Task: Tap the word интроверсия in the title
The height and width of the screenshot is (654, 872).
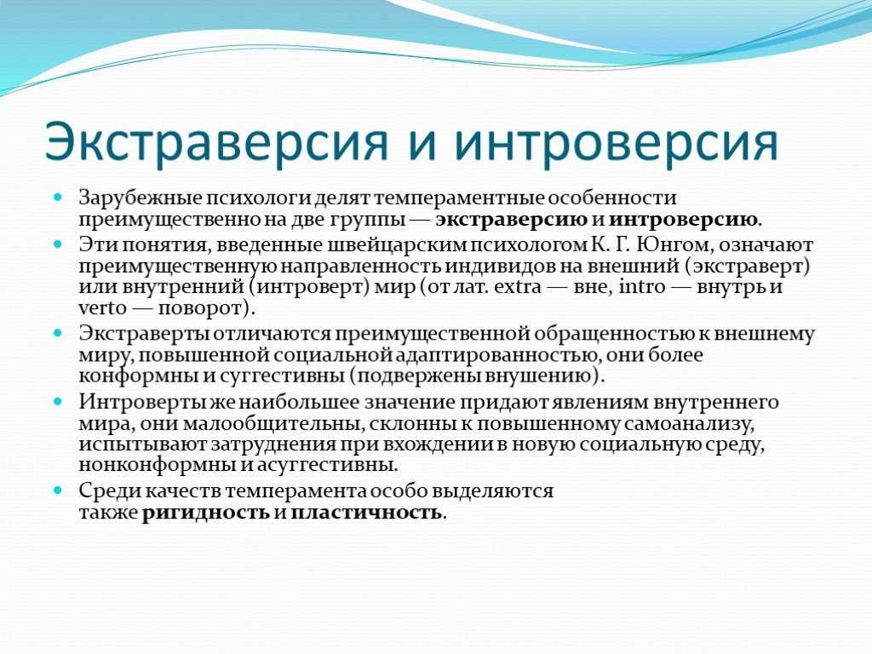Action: tap(616, 141)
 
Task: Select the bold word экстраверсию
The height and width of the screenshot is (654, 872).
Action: tap(511, 220)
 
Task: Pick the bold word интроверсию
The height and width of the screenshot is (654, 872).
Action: tap(683, 220)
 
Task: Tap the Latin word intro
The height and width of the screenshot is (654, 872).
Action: tap(642, 287)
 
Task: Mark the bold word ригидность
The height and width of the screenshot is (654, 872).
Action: tap(206, 513)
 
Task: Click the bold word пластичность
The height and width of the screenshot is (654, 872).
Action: tap(366, 512)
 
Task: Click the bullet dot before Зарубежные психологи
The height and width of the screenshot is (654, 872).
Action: tap(58, 198)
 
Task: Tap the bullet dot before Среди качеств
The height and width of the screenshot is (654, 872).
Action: tap(58, 491)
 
